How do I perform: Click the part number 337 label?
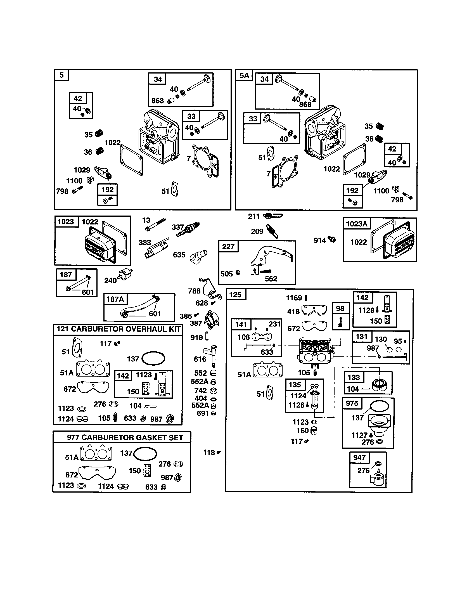177,227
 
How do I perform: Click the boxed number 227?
228,247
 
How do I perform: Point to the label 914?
320,240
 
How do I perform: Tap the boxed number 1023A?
356,224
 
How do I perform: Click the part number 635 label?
179,255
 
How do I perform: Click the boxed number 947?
359,457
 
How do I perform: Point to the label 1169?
294,298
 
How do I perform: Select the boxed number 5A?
244,75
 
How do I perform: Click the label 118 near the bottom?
209,453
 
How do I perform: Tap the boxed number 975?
352,403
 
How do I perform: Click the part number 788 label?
194,291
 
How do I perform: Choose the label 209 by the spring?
257,231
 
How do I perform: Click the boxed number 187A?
115,299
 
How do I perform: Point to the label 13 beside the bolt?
146,220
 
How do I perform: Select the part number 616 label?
200,359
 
